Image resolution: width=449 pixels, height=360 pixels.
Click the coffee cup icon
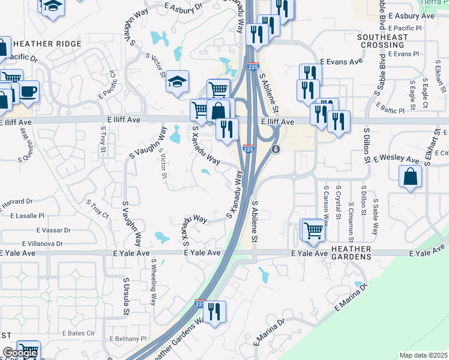28,92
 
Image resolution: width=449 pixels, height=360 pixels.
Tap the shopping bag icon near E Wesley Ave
410,176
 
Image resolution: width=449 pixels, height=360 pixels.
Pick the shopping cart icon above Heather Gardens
313,230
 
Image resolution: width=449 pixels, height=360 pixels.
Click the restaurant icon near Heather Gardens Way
214,312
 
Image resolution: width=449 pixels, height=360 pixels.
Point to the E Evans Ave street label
341,62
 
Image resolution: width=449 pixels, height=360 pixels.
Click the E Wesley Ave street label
396,160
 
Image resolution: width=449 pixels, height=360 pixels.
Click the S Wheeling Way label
154,281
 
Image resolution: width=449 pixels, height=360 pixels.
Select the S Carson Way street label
326,205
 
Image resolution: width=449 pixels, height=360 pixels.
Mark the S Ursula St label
126,296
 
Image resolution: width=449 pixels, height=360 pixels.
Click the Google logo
20,353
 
